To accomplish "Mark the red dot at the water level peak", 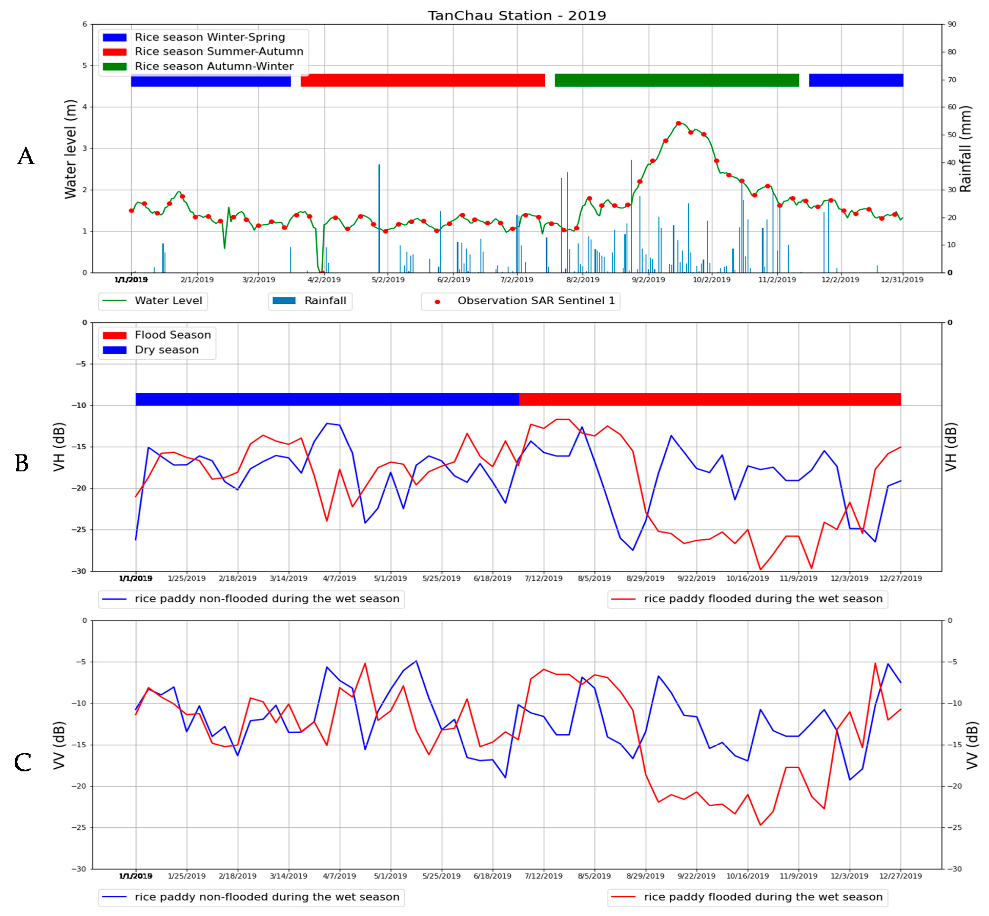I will (678, 123).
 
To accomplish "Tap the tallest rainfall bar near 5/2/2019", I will (379, 218).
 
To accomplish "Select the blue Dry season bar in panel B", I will (327, 399).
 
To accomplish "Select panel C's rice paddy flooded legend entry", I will (763, 897).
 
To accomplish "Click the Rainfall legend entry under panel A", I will (325, 301).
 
